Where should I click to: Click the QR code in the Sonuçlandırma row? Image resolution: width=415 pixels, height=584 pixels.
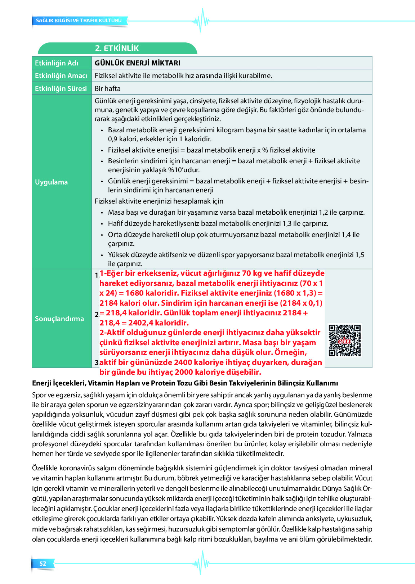point(344,340)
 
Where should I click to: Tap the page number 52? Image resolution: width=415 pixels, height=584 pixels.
point(43,564)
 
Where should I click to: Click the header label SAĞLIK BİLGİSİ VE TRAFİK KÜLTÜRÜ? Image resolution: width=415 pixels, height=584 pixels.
point(79,20)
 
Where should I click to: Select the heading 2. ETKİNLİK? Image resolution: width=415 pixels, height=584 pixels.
point(117,49)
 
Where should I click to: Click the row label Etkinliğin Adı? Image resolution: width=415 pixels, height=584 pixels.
point(57,63)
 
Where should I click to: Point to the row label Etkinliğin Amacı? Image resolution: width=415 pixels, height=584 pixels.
point(61,76)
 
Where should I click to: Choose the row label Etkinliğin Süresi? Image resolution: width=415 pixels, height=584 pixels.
point(61,88)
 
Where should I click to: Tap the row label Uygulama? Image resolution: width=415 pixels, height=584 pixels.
point(51,182)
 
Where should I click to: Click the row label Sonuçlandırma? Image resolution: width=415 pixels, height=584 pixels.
point(59,319)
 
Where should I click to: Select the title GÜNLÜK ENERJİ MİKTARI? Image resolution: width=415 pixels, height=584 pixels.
point(137,63)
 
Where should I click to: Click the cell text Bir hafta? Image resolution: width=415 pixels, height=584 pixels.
point(107,88)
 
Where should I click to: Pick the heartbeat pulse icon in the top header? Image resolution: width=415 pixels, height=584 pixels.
point(201,20)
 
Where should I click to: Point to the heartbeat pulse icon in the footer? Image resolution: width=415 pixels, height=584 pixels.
point(201,563)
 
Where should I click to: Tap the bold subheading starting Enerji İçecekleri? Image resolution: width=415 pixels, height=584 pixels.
point(185,383)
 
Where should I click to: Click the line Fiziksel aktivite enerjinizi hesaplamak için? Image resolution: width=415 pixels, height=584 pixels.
point(159,201)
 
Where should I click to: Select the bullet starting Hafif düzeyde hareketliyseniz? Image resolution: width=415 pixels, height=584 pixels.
point(218,223)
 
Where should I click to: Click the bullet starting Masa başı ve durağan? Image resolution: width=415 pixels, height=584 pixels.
point(236,212)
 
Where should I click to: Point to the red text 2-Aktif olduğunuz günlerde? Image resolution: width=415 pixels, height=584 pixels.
point(151,333)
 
